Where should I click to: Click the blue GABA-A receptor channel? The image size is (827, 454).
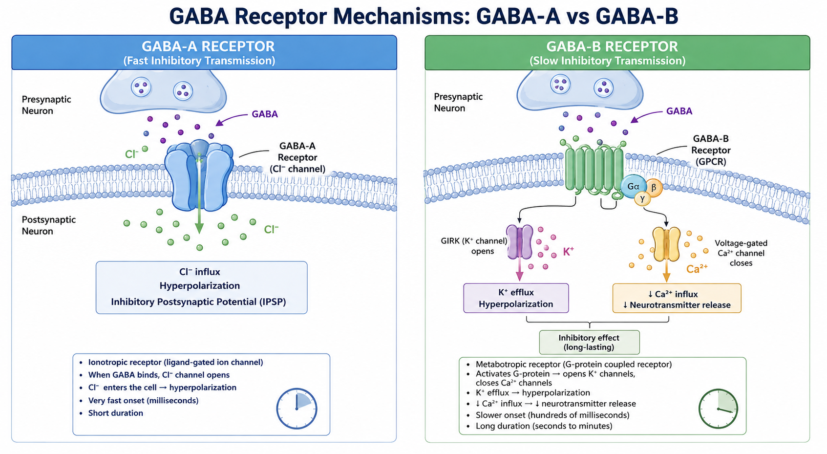click(199, 175)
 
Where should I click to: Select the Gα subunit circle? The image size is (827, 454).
click(634, 187)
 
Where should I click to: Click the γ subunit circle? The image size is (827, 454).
click(643, 199)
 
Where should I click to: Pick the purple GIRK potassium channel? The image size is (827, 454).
click(519, 242)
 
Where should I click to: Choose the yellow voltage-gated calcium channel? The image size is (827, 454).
click(666, 244)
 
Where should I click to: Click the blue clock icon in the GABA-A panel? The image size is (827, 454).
click(297, 409)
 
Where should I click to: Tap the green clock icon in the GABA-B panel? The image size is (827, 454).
click(718, 409)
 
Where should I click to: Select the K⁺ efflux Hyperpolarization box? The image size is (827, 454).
click(516, 298)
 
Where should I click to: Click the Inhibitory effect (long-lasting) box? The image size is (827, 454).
click(589, 343)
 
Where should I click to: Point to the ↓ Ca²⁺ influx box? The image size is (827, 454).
click(677, 299)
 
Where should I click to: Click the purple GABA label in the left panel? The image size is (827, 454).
click(265, 114)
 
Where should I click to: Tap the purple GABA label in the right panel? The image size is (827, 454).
click(679, 111)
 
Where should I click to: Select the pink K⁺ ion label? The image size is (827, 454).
click(568, 252)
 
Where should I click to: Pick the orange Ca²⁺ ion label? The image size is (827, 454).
click(697, 269)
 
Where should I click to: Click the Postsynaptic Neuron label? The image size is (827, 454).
click(49, 225)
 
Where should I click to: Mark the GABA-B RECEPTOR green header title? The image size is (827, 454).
click(612, 46)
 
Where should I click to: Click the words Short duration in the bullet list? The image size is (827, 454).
click(116, 413)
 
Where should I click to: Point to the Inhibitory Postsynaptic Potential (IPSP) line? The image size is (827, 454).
click(199, 302)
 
